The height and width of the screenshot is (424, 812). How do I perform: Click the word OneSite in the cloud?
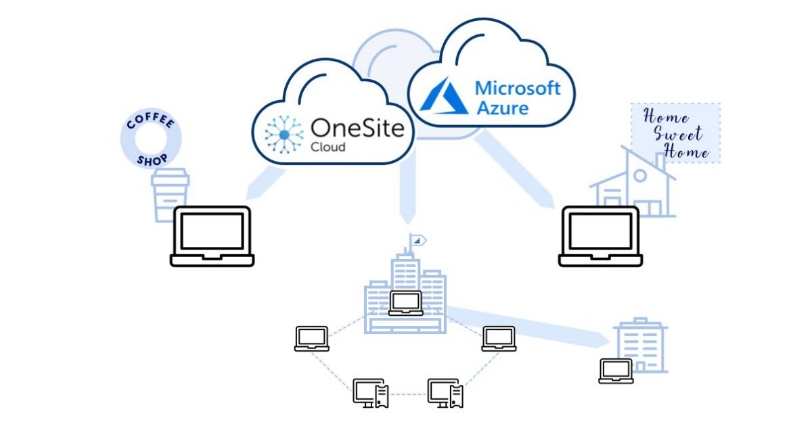[357, 127]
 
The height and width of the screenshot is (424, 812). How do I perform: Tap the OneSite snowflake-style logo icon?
[284, 134]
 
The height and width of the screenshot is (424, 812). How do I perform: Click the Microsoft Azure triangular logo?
[444, 95]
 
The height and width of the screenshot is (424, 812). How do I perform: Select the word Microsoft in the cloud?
[518, 88]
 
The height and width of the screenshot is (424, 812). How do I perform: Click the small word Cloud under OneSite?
[328, 147]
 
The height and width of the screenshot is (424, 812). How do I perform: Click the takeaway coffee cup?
[169, 195]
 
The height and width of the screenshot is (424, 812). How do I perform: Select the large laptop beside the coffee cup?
[212, 236]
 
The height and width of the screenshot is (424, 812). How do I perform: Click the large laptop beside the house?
[600, 236]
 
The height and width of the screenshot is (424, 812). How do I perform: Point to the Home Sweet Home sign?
[675, 133]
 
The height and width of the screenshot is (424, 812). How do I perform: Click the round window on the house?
[639, 175]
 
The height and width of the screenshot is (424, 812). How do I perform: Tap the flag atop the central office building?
[418, 240]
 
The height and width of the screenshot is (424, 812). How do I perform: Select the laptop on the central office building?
[406, 303]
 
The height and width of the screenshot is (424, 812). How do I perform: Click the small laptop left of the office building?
[312, 338]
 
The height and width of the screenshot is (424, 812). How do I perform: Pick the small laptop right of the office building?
[499, 338]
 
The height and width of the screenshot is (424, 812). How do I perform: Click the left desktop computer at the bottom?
[371, 393]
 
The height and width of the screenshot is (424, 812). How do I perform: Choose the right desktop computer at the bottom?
[445, 393]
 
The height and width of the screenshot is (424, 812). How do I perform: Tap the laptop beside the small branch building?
[616, 371]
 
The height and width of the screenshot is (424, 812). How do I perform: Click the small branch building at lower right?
[641, 345]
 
